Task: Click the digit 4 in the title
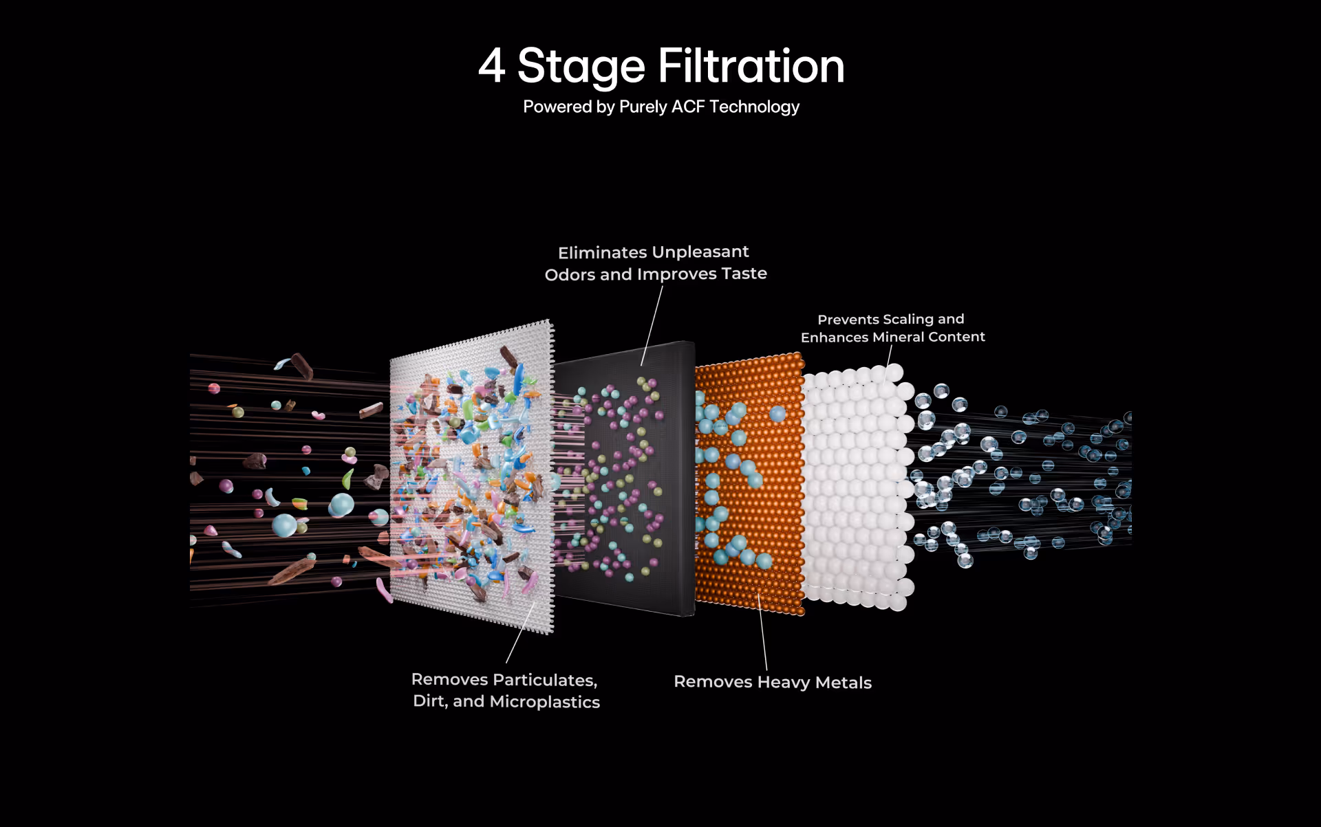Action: tap(492, 67)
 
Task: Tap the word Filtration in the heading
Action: tap(751, 67)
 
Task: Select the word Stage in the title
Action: tap(581, 67)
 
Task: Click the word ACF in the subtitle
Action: tap(687, 107)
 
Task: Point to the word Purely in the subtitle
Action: tap(643, 107)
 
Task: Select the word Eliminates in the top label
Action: tap(602, 252)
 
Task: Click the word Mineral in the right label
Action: tap(898, 337)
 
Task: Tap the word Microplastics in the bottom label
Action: tap(544, 702)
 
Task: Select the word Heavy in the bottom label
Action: tap(783, 682)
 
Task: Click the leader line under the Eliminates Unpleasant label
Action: tap(652, 325)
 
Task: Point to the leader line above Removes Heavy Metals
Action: tap(762, 632)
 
